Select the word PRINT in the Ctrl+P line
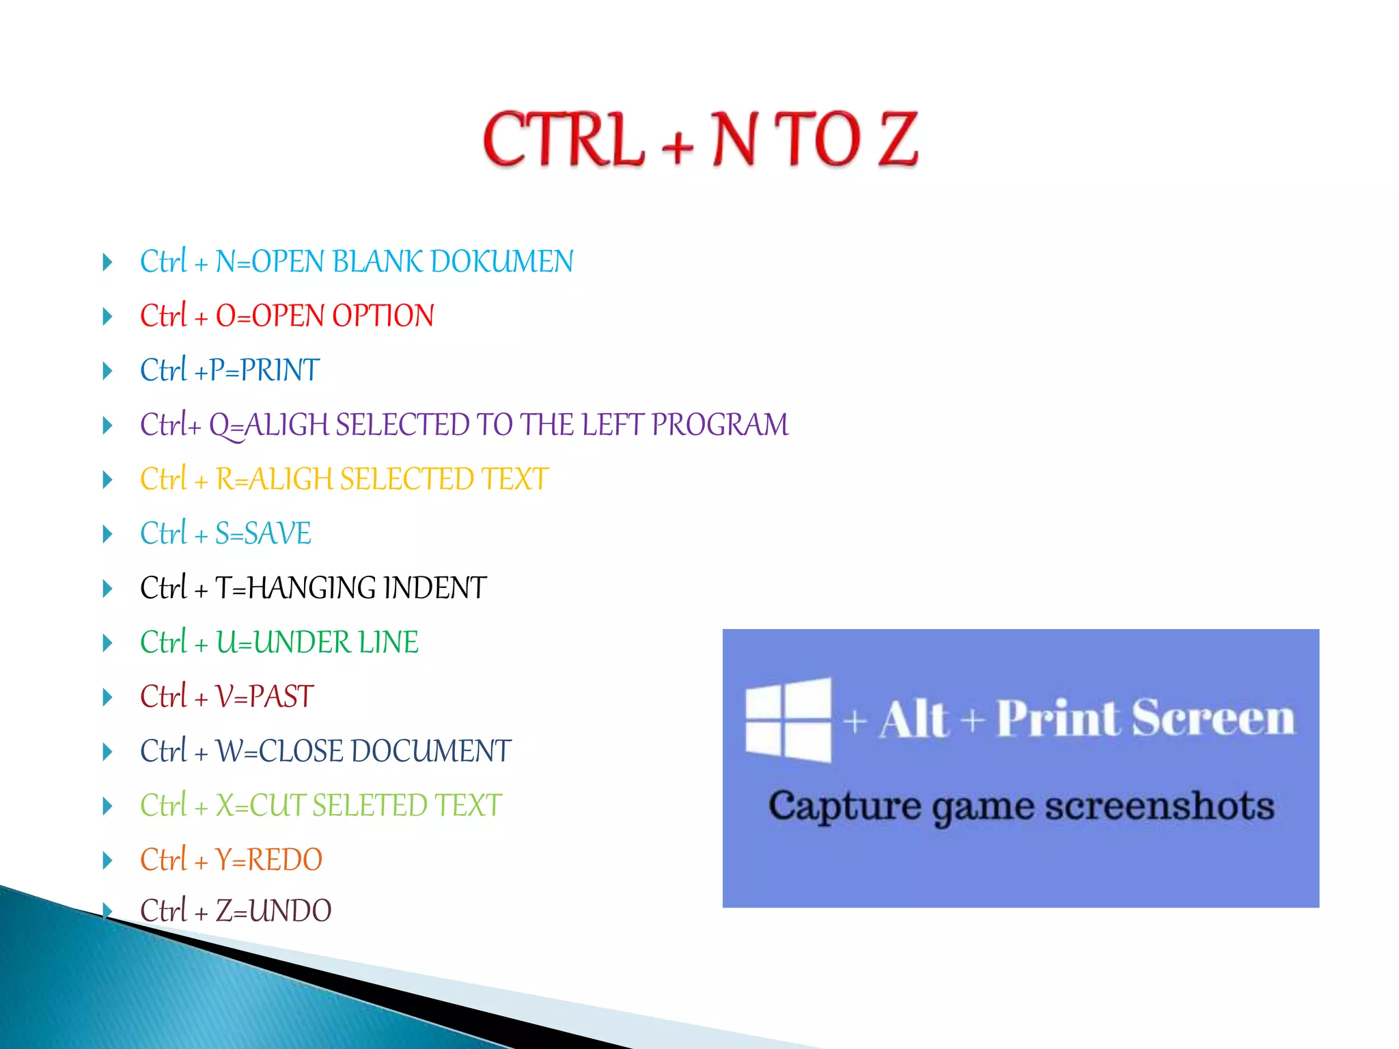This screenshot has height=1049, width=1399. (x=279, y=371)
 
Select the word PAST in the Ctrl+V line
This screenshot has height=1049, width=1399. (x=281, y=697)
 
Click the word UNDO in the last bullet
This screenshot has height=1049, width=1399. (x=290, y=911)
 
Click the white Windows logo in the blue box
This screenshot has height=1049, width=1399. (x=788, y=720)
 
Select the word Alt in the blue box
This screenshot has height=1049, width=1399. (x=914, y=720)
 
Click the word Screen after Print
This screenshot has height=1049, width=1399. (x=1213, y=718)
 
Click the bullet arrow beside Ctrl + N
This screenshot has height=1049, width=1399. (x=107, y=262)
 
